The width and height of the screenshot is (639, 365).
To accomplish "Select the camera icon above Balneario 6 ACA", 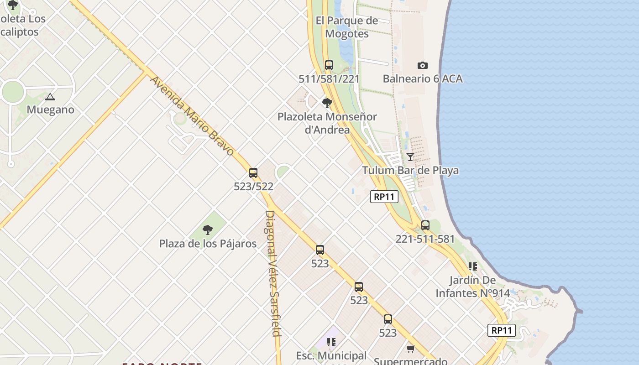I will pos(423,66).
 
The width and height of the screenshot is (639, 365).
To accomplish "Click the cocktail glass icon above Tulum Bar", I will pos(410,157).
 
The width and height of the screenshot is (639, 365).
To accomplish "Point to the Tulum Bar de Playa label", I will pos(410,171).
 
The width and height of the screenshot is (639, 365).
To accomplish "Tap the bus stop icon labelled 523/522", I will pos(253,173).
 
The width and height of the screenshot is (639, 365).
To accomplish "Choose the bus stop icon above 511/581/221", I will pos(329,65).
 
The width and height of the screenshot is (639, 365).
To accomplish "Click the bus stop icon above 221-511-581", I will pos(425,225).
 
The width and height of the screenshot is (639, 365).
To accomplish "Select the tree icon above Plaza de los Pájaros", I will pos(208,230).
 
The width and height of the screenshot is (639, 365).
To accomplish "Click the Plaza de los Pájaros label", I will pos(208,244).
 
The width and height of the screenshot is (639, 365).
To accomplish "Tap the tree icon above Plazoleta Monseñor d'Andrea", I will pos(327,103).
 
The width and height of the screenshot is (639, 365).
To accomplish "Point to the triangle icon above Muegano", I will pos(50,97).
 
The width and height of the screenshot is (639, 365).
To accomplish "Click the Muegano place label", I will pos(50,110).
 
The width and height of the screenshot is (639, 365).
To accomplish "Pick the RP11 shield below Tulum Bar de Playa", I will pos(384,197).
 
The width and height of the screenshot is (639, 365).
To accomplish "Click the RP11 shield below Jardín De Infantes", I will pos(502,330).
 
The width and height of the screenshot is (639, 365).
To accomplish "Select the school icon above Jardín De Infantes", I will pos(472,266).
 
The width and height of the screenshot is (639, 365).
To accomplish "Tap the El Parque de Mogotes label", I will pos(347,27).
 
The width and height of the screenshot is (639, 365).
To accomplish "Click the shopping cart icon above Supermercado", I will pos(410,349).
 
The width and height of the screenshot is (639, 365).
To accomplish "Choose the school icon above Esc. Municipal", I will pos(331,342).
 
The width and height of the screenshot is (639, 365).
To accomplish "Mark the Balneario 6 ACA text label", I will pos(423,79).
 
